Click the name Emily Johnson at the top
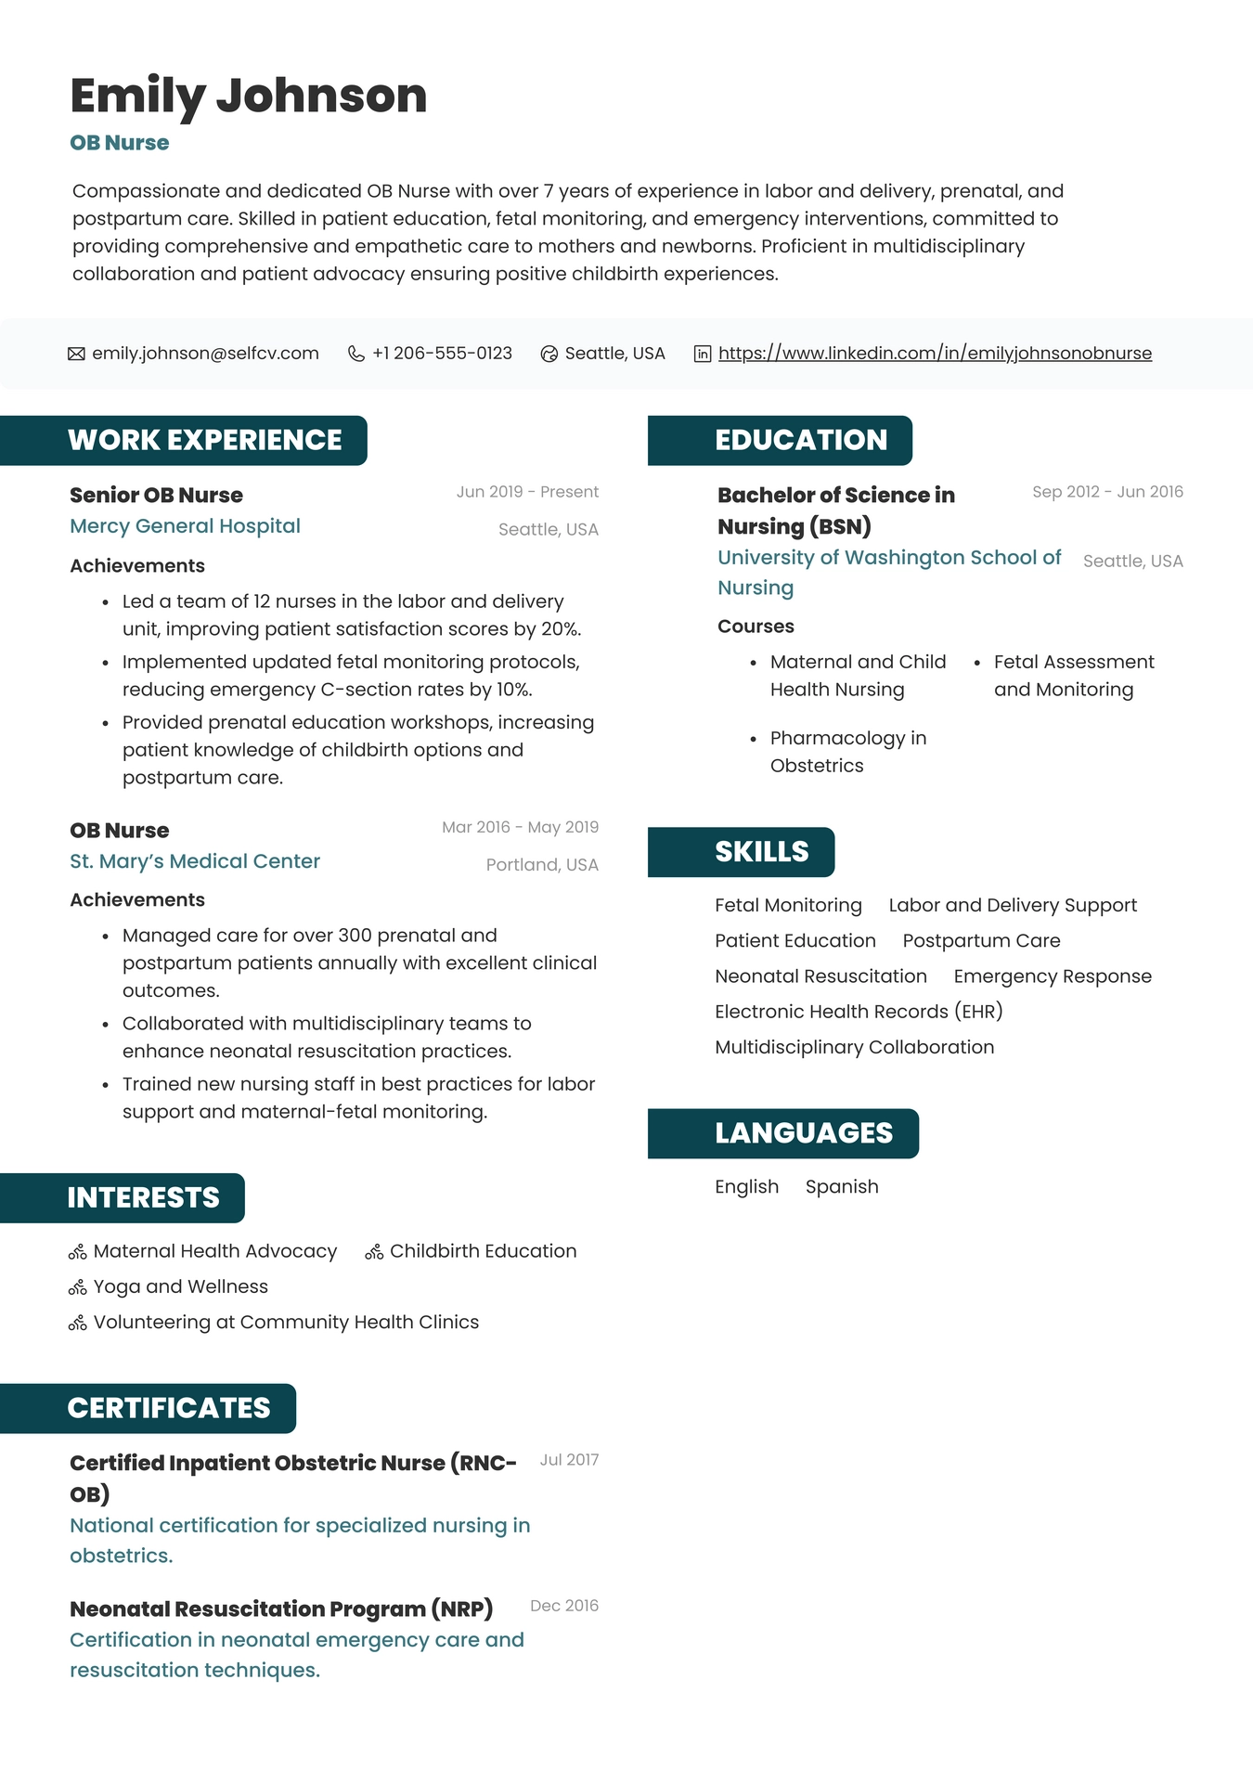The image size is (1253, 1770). pyautogui.click(x=248, y=96)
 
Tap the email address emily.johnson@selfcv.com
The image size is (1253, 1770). pyautogui.click(x=205, y=354)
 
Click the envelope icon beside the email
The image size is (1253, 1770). pyautogui.click(x=76, y=354)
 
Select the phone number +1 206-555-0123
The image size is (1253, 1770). pyautogui.click(x=442, y=354)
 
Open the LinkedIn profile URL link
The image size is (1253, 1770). pyautogui.click(x=935, y=354)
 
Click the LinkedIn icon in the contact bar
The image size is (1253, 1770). pyautogui.click(x=703, y=354)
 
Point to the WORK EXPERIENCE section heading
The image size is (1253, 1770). pyautogui.click(x=204, y=440)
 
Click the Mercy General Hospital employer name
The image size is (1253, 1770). pyautogui.click(x=185, y=526)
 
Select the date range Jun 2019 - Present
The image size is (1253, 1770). pyautogui.click(x=527, y=492)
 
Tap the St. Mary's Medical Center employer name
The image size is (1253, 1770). pyautogui.click(x=195, y=861)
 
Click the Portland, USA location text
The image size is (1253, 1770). pyautogui.click(x=542, y=865)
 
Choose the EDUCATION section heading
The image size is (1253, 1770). pyautogui.click(x=800, y=440)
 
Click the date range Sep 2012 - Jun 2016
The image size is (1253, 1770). pyautogui.click(x=1107, y=492)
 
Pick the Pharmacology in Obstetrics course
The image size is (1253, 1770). pyautogui.click(x=847, y=752)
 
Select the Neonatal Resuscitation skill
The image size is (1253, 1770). pyautogui.click(x=820, y=976)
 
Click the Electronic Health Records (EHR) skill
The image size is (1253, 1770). pyautogui.click(x=859, y=1012)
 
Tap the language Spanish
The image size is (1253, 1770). pyautogui.click(x=842, y=1187)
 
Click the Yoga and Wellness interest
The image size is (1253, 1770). pyautogui.click(x=180, y=1286)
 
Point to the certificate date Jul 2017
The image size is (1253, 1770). pyautogui.click(x=569, y=1460)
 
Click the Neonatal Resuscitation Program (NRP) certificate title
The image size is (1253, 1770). pyautogui.click(x=281, y=1609)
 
